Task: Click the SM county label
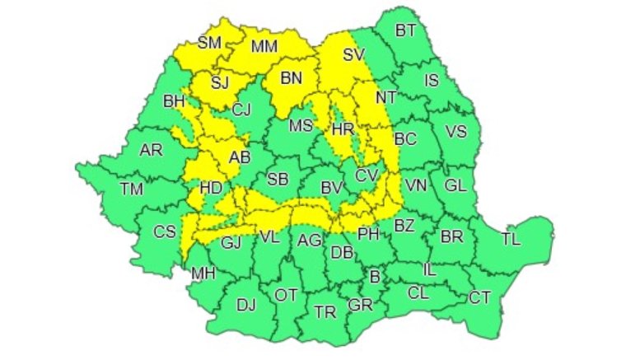[209, 43]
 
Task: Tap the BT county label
[405, 31]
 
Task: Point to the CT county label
[479, 297]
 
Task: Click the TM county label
[131, 189]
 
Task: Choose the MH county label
[202, 273]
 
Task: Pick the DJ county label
[245, 306]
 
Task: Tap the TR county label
[325, 311]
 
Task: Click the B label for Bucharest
[375, 277]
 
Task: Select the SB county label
[278, 180]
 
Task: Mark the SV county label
[353, 56]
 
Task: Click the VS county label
[455, 131]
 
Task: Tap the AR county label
[151, 151]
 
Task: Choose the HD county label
[211, 188]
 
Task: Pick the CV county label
[366, 176]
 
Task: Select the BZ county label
[404, 225]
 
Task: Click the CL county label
[418, 292]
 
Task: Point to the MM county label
[264, 48]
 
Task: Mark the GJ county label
[231, 242]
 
